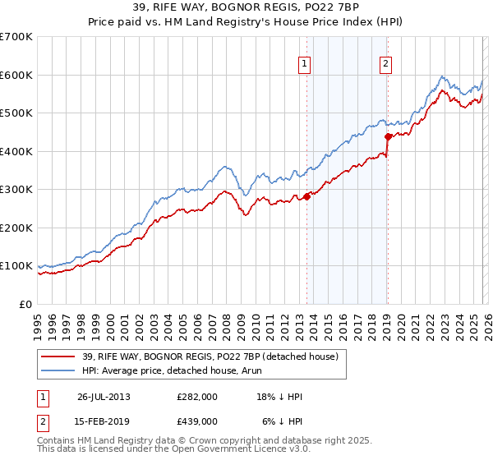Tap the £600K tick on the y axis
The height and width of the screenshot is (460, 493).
(16, 75)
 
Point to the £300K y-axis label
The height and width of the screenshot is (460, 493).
(16, 190)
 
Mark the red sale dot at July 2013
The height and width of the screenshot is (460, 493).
(306, 196)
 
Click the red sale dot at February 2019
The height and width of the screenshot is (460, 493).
(387, 136)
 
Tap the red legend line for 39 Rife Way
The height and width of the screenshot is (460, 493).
(58, 356)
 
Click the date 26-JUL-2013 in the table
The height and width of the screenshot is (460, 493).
(104, 396)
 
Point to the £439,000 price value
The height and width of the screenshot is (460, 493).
(197, 421)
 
